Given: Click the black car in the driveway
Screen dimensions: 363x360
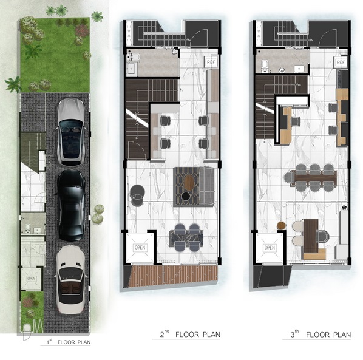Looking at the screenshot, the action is [x=70, y=205].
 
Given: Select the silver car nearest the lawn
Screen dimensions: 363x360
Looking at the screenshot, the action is [x=70, y=132].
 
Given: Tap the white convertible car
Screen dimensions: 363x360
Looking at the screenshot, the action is [x=70, y=280].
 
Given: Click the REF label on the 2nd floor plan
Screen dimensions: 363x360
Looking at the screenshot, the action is [x=211, y=62].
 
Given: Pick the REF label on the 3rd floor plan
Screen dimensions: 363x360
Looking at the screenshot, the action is [x=341, y=62].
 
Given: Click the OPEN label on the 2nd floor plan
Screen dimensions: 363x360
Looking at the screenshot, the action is [x=140, y=248].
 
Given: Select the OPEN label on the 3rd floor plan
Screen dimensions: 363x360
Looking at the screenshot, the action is [x=270, y=248].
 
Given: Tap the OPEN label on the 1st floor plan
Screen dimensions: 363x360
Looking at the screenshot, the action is [x=31, y=278].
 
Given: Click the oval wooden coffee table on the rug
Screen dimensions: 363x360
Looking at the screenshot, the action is [x=189, y=183].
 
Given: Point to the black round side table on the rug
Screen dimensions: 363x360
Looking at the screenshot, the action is [x=186, y=196].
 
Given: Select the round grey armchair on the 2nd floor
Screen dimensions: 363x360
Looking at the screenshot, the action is [x=137, y=195].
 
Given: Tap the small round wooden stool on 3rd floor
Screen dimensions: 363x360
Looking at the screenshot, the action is [x=282, y=225].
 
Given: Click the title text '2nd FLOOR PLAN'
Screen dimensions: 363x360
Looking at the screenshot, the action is [x=190, y=334].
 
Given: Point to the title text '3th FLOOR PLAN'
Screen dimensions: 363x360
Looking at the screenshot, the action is [x=321, y=335].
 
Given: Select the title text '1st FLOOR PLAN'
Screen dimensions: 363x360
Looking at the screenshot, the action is [x=69, y=342].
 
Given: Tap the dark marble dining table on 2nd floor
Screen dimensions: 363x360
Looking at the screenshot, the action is [x=186, y=237].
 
